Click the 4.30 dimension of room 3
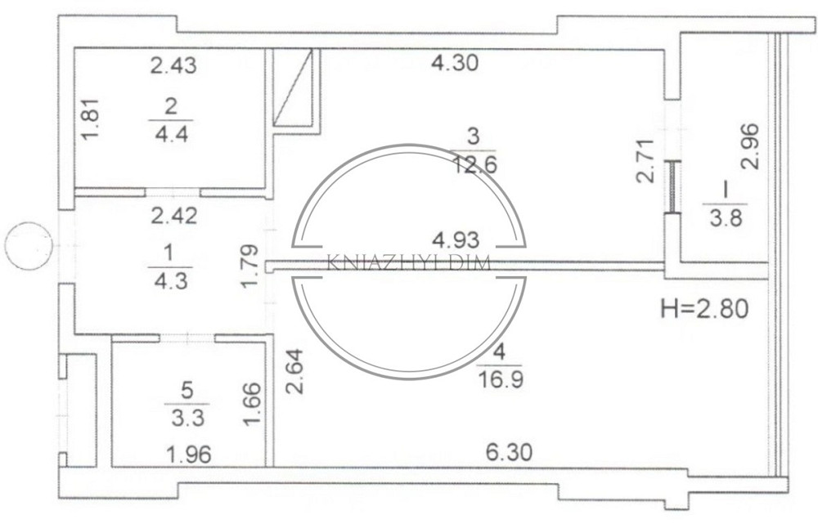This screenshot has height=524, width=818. pos(454,63)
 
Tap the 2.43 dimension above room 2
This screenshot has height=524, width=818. pos(173,65)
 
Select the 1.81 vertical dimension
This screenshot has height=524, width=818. pos(91,119)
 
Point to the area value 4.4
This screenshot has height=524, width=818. pos(172,135)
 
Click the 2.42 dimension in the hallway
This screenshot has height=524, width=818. pos(173,215)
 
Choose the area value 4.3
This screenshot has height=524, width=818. pos(171,281)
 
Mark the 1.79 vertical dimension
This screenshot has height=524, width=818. pos(249,266)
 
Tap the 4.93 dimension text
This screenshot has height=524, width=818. pos(456,240)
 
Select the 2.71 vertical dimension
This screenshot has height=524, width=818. pos(645,160)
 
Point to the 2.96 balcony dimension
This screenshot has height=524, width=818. pos(750,146)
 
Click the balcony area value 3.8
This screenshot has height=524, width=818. pos(726,217)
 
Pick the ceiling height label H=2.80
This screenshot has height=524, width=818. pos(704,309)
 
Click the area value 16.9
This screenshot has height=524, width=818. pos(500,379)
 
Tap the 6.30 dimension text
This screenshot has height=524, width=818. pos(509,452)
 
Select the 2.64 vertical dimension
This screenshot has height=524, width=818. pos(296,371)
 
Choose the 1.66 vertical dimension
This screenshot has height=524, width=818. pos(253,404)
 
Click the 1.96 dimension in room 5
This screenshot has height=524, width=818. pos(189,455)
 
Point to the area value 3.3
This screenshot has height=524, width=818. pos(187,418)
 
